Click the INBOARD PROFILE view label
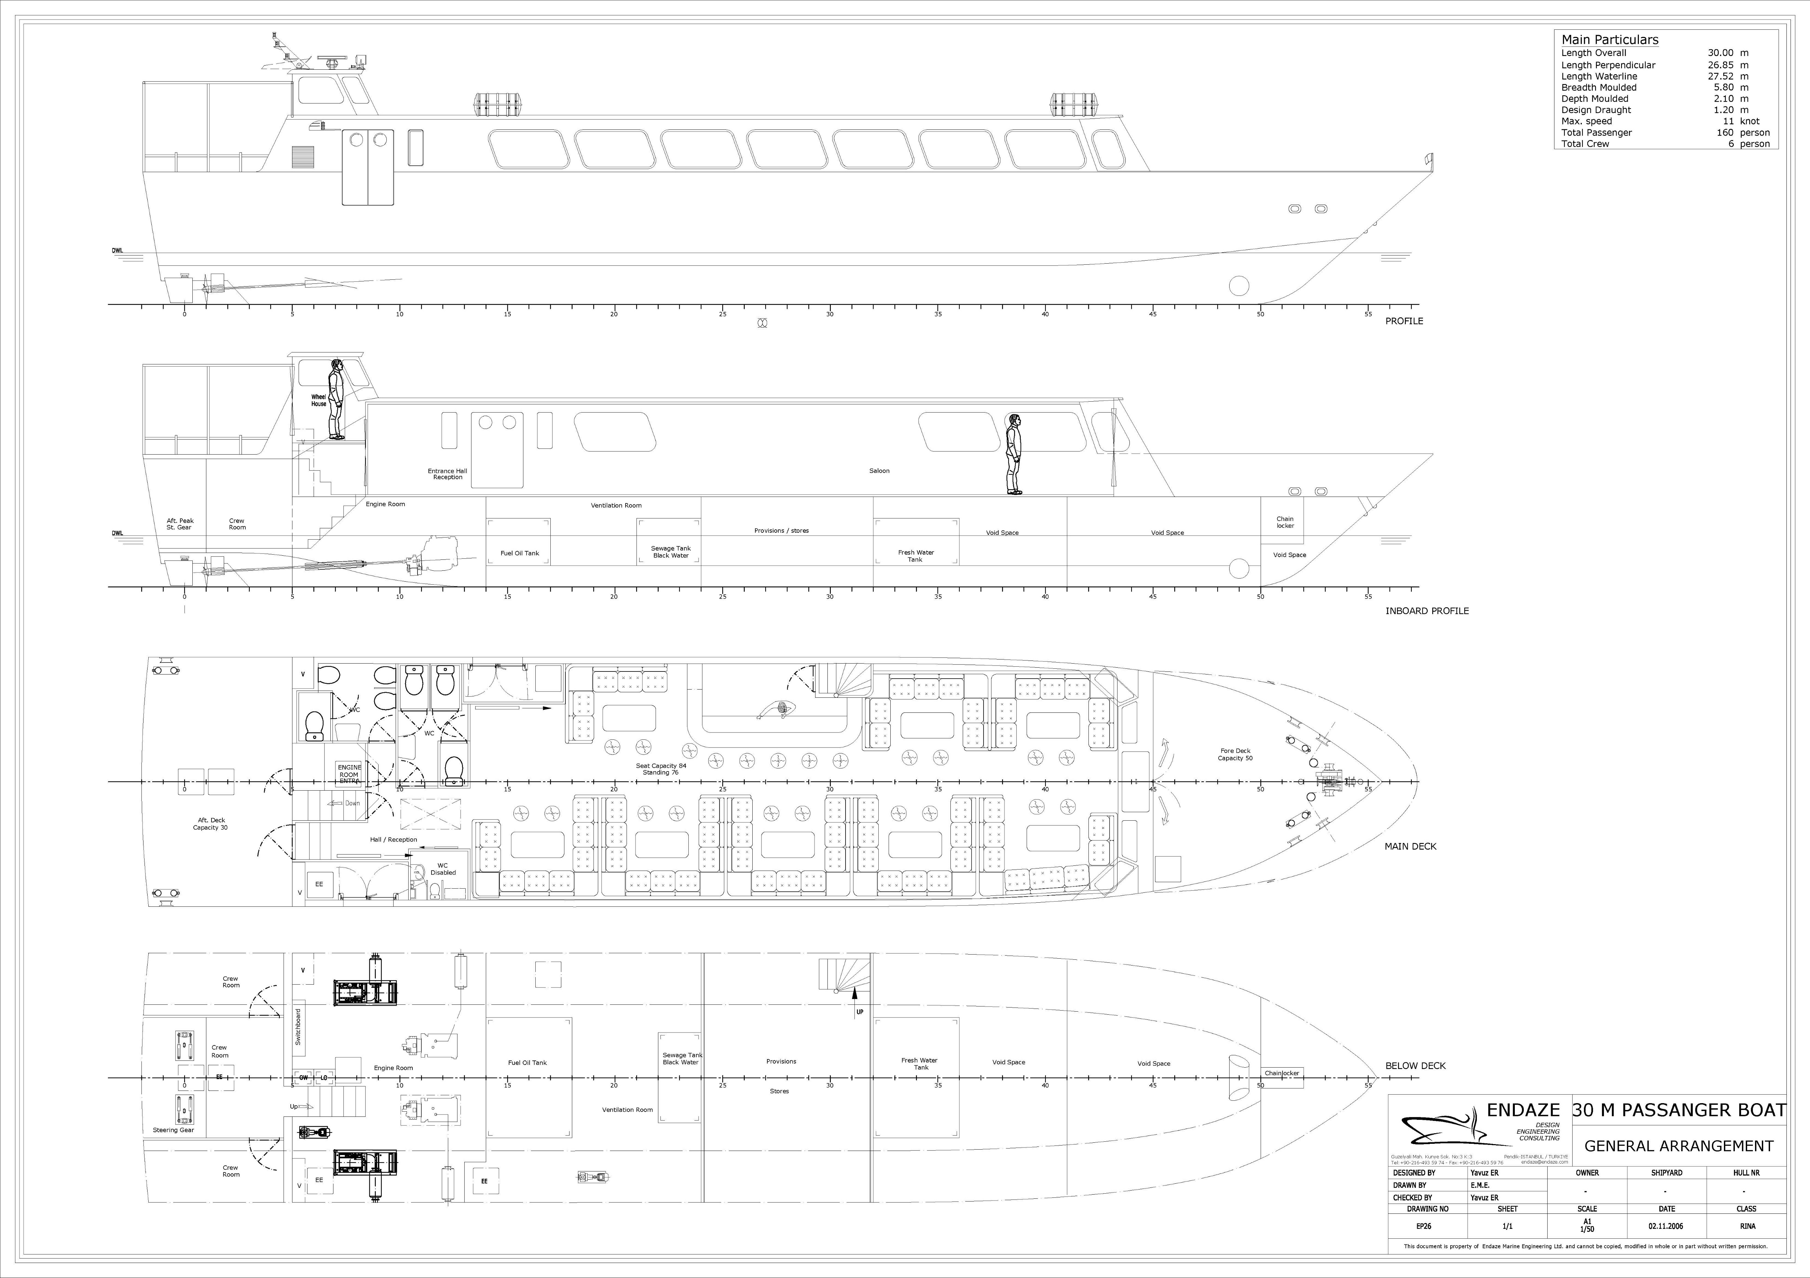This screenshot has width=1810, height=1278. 1427,611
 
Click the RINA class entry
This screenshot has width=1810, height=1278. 1746,1226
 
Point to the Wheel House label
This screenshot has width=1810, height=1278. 318,400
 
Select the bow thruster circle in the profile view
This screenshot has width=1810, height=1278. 1238,285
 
